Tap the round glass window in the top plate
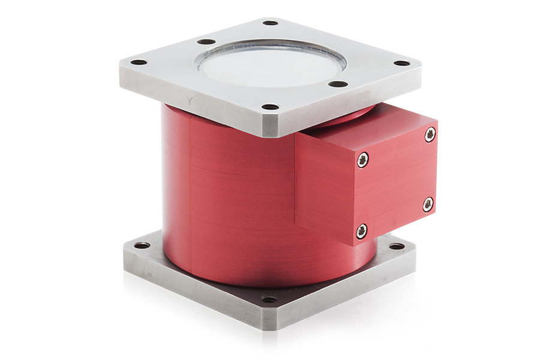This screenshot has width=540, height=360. tap(270, 63)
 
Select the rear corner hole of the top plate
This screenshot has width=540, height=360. tap(271, 23)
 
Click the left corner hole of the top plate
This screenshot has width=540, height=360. tap(139, 62)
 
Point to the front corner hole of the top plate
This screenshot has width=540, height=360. tap(271, 107)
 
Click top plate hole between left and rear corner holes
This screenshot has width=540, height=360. tap(206, 41)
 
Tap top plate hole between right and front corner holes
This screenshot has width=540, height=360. tap(338, 84)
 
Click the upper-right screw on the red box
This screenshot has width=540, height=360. tap(430, 135)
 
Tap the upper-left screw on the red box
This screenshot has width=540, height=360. tap(362, 159)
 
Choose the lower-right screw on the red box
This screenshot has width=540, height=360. tap(428, 205)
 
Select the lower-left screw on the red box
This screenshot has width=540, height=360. tap(361, 231)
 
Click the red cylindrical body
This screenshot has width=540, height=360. tap(228, 198)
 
